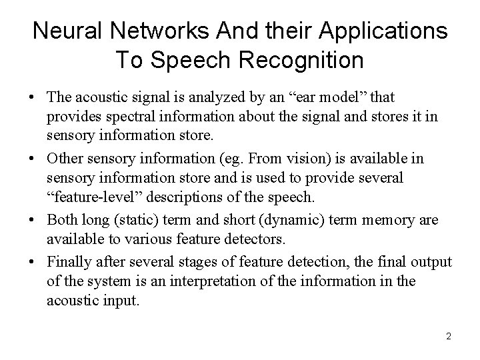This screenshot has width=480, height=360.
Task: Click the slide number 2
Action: click(x=449, y=336)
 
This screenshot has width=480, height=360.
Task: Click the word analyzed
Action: click(x=201, y=99)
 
